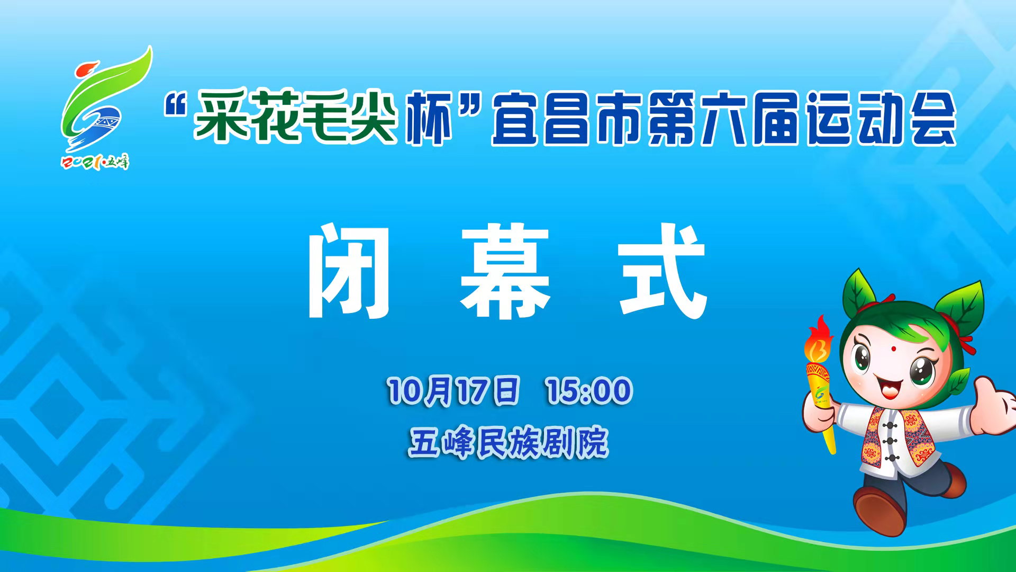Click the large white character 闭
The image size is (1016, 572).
click(x=349, y=271)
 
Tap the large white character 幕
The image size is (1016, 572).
click(x=505, y=271)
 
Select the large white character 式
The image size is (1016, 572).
click(x=664, y=271)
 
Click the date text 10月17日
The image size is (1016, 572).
click(x=453, y=391)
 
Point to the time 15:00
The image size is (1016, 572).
click(x=589, y=391)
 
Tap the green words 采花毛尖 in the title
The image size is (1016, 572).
click(x=295, y=118)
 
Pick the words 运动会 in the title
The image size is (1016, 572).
click(x=882, y=119)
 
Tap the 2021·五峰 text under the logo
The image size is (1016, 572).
click(x=96, y=162)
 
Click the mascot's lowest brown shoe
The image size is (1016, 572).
click(x=879, y=511)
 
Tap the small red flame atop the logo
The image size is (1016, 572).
click(x=87, y=71)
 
